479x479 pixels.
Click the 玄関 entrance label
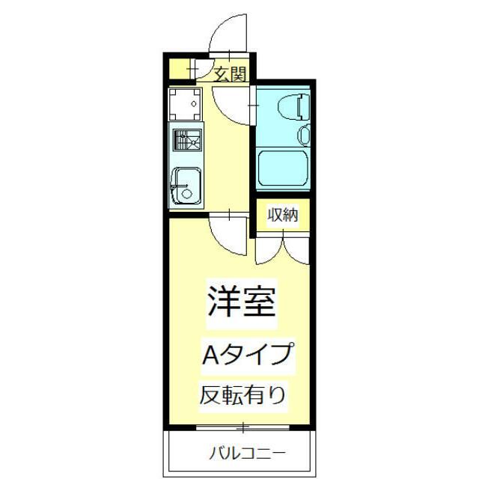click(231, 73)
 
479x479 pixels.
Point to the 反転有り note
click(242, 395)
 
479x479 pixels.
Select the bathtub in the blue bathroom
click(283, 169)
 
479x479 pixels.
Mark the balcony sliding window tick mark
click(242, 428)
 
